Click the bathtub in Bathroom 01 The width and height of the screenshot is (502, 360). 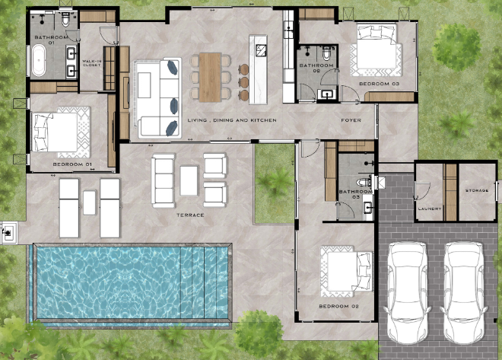point(39,61)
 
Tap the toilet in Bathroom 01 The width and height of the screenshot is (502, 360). point(65,20)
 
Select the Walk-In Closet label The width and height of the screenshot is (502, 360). point(91,62)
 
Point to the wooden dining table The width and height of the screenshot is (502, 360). point(210,77)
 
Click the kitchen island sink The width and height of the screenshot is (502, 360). point(261,50)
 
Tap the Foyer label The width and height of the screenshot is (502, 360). point(351,120)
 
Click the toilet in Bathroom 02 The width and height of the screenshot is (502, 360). point(326,53)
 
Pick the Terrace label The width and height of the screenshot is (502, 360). point(190,215)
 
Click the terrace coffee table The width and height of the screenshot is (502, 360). point(189,180)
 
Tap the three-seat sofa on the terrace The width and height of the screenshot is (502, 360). point(164,180)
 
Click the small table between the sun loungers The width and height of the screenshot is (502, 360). point(89,202)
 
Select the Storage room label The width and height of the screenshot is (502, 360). point(477,190)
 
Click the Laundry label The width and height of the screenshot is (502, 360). point(430,209)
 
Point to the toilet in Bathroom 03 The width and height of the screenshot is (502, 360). point(364,182)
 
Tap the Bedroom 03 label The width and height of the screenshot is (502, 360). point(380,84)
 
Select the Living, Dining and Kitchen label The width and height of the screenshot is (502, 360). point(232,120)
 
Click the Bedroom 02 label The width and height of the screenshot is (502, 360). point(339,306)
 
